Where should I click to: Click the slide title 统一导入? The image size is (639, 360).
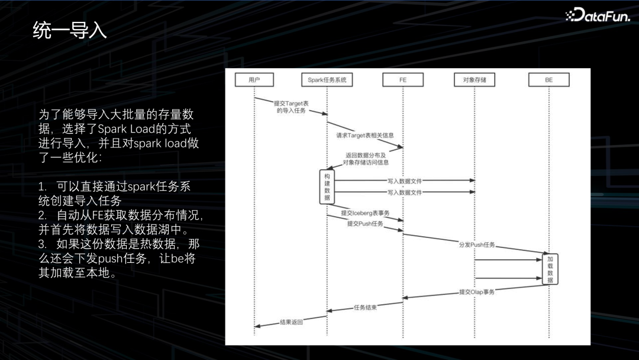(x=70, y=30)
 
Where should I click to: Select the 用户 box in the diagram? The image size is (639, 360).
(x=254, y=80)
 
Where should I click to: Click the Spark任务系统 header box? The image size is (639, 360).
(x=327, y=80)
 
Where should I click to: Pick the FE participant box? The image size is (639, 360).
(x=402, y=80)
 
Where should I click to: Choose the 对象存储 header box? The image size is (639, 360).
(x=475, y=80)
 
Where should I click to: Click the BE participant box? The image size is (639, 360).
(x=548, y=80)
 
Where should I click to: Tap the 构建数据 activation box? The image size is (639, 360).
(x=327, y=187)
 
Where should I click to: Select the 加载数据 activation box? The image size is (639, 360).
(x=550, y=269)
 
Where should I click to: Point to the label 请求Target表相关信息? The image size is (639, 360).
(x=365, y=136)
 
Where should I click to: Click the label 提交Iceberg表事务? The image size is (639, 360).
(x=365, y=213)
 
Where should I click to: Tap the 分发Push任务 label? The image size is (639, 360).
(x=477, y=245)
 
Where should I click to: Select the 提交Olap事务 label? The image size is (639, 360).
(x=477, y=292)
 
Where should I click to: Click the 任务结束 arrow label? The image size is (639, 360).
(x=365, y=307)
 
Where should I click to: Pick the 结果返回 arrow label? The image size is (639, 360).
(x=291, y=323)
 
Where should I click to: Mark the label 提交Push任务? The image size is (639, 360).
(x=365, y=224)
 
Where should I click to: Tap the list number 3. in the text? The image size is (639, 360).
(x=42, y=244)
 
